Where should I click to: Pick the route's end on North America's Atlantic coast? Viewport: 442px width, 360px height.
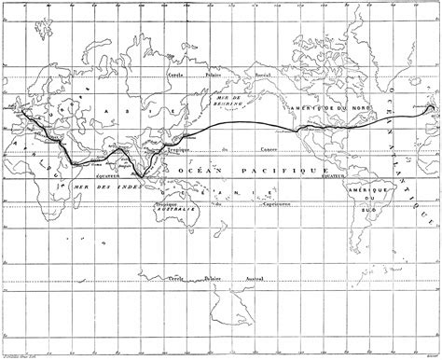point(430,107)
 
